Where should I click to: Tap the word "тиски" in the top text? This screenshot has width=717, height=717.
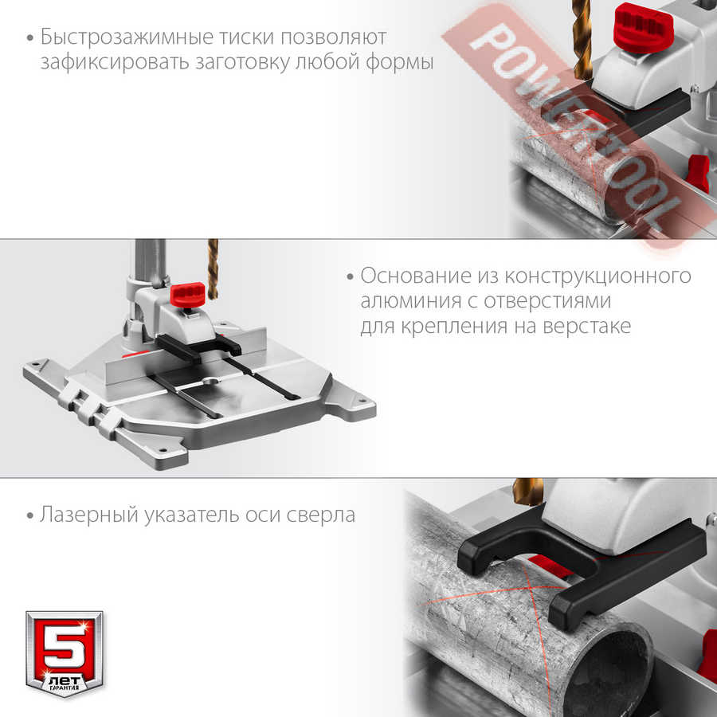click(246, 37)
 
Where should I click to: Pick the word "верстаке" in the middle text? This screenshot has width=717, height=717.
click(586, 327)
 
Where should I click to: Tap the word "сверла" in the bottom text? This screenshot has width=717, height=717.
click(320, 515)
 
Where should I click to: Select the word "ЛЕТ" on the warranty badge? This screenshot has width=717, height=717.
click(65, 680)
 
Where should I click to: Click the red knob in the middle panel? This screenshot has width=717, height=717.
click(187, 295)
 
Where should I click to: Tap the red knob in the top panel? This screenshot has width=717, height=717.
click(643, 28)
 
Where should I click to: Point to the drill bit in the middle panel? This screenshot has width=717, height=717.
click(213, 269)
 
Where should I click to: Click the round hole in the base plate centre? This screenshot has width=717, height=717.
click(211, 381)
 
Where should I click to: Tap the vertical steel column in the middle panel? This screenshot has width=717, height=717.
click(149, 265)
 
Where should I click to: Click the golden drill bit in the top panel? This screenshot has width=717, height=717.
click(582, 39)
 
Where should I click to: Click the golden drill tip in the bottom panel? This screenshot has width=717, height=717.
click(528, 492)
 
